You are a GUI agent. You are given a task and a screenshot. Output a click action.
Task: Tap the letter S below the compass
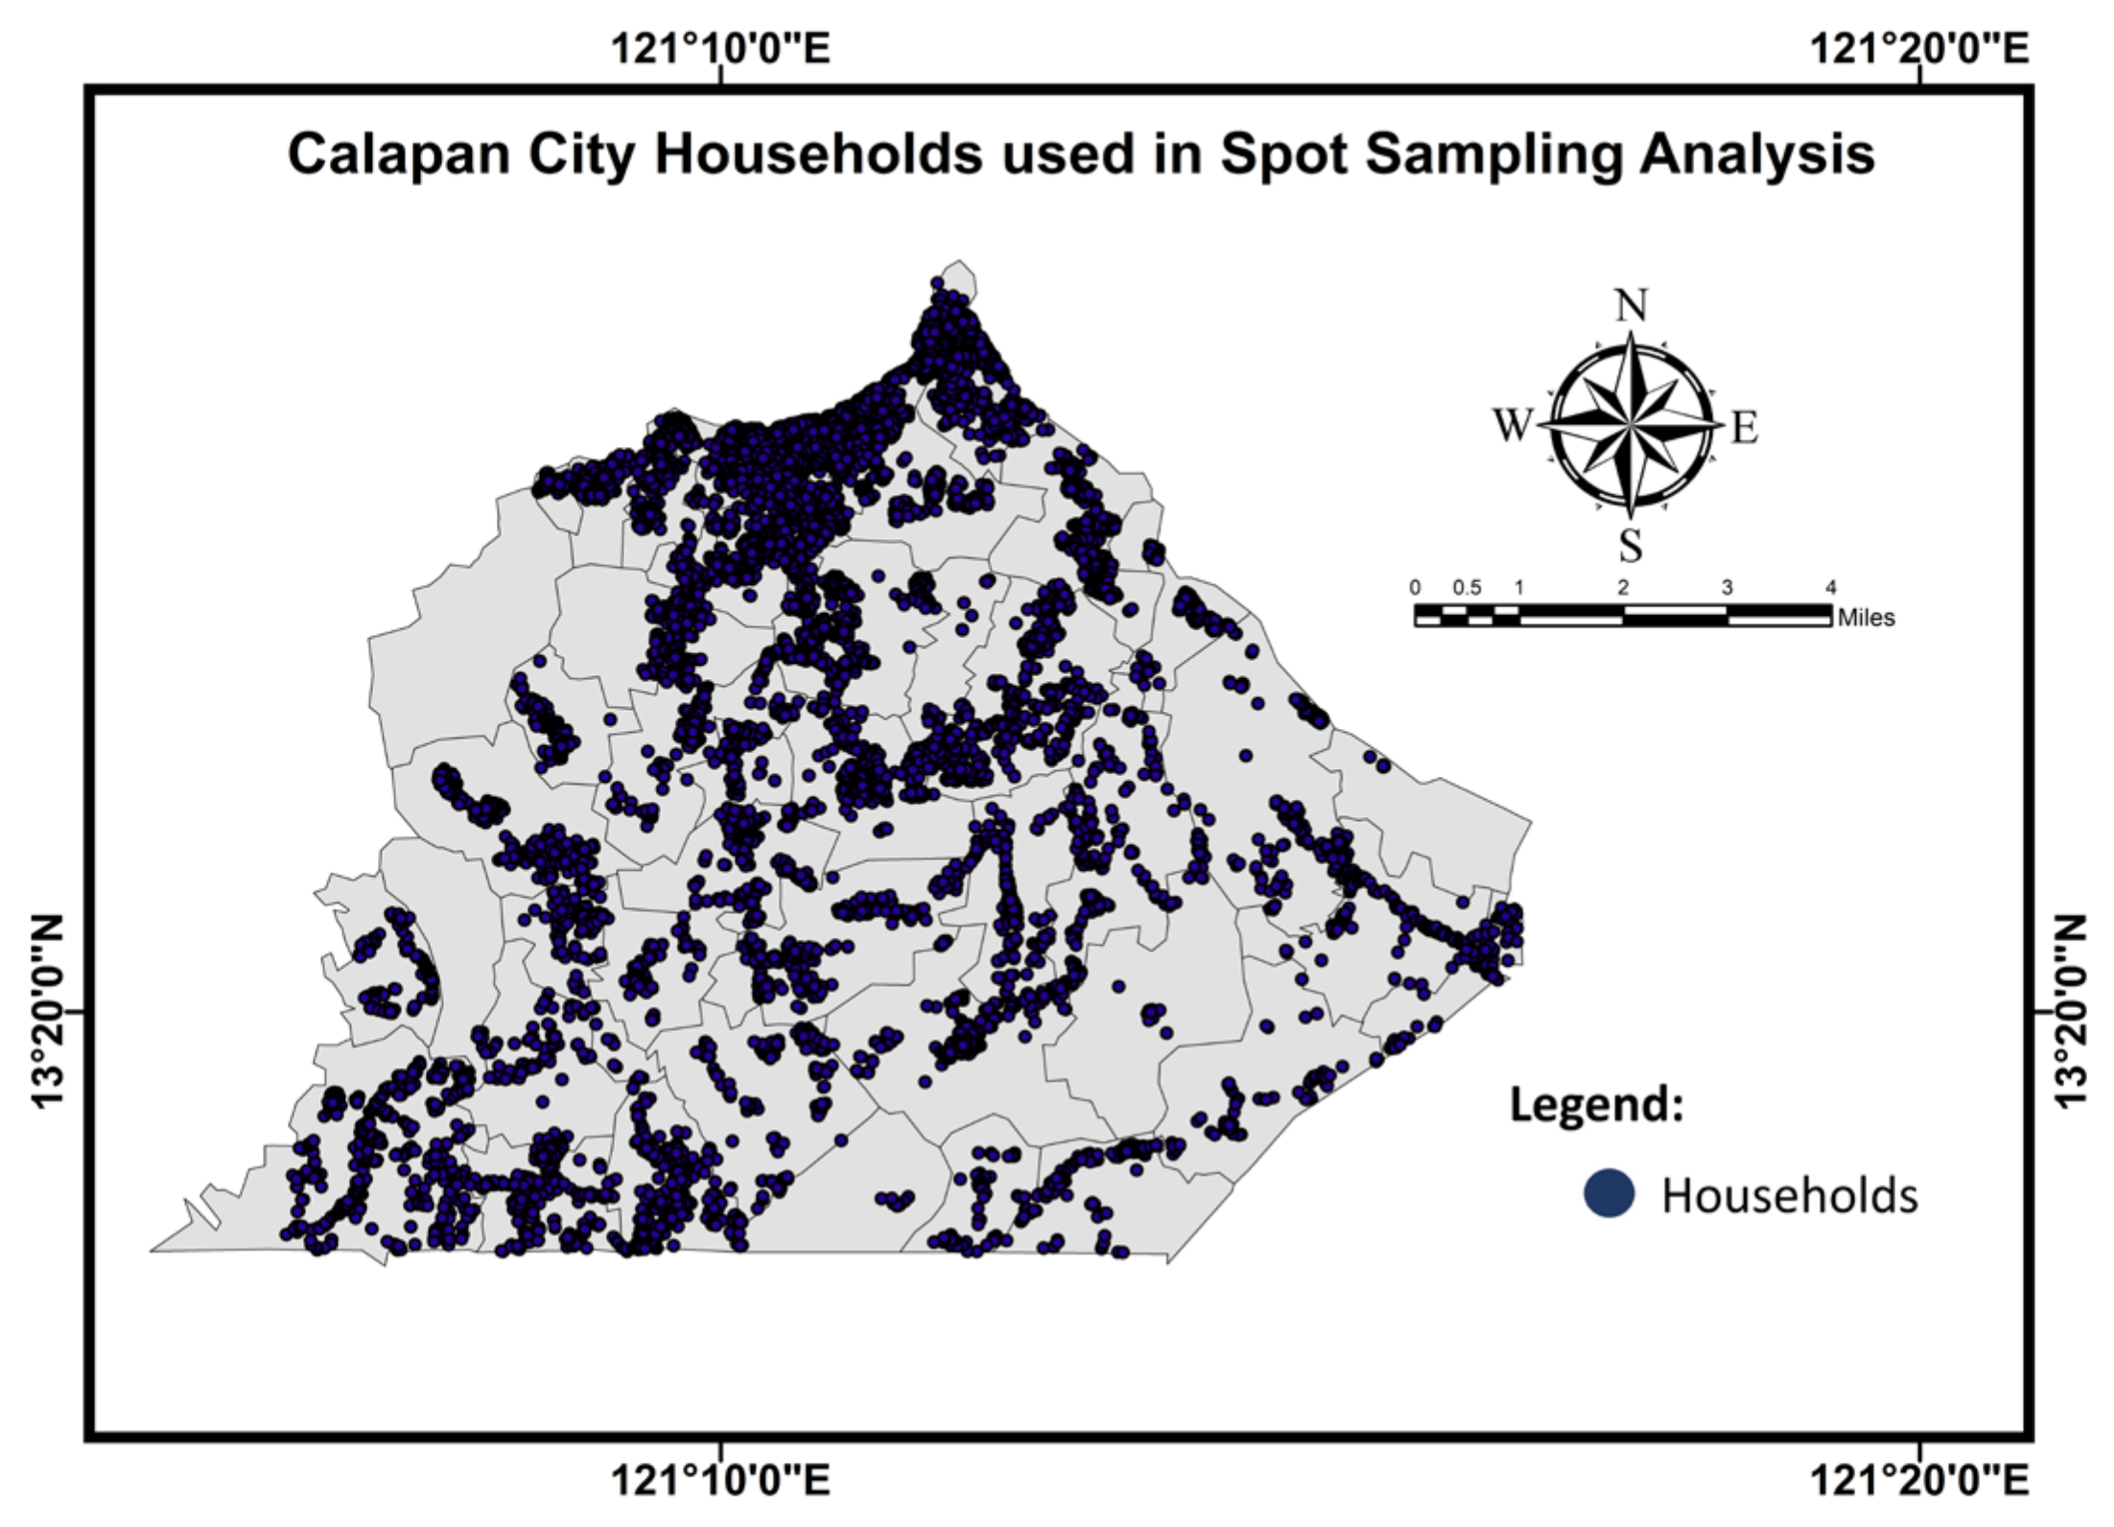click(x=1631, y=546)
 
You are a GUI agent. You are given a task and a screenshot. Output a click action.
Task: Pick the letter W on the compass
click(x=1512, y=425)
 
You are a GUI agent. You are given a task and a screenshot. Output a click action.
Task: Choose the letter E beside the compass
click(x=1744, y=427)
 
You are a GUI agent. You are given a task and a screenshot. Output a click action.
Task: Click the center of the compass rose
click(x=1631, y=424)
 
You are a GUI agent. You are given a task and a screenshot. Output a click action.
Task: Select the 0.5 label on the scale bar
click(x=1467, y=588)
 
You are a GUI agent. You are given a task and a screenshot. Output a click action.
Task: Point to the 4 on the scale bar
click(x=1830, y=588)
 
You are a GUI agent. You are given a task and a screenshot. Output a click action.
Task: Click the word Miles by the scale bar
click(x=1867, y=619)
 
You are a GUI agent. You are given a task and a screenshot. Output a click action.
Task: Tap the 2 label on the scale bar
click(x=1623, y=588)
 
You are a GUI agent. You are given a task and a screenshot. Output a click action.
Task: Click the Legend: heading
click(x=1597, y=1104)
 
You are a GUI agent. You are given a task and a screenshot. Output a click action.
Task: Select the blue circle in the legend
click(x=1609, y=1194)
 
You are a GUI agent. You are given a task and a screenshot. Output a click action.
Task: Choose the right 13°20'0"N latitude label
click(x=2072, y=1011)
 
